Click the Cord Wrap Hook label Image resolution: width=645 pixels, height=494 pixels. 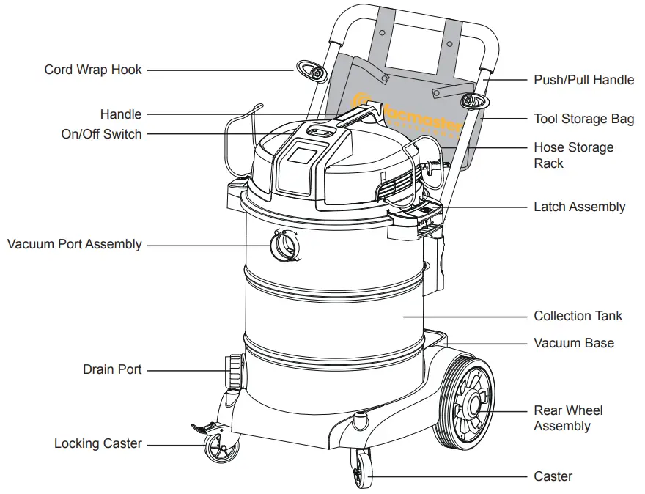93,70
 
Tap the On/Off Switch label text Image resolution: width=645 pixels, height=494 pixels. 101,134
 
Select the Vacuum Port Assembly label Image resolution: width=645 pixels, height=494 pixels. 74,244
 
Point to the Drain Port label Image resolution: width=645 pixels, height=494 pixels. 112,369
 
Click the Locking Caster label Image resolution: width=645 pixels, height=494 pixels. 97,443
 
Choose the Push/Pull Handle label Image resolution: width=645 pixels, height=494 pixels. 583,80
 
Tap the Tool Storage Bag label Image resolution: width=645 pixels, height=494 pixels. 583,119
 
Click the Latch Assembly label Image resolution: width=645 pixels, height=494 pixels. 579,207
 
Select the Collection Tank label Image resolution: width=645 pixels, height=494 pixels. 578,316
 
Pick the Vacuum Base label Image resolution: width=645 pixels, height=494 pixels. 573,343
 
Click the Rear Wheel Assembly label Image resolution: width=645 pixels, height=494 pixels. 568,418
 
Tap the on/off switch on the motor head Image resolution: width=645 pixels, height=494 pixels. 320,131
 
